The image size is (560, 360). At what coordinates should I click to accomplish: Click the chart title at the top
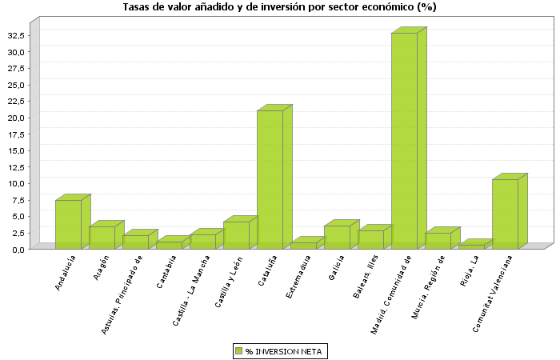point(280,7)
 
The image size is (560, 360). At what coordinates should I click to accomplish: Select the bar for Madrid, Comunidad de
point(404,140)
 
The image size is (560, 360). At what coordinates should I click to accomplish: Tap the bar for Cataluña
point(270,179)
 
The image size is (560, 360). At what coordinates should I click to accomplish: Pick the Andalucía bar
point(68,224)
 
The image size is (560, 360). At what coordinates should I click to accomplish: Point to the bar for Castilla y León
point(236,234)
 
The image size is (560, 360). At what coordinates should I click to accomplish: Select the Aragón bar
point(102,237)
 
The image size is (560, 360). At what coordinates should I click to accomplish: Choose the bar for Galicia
point(337,237)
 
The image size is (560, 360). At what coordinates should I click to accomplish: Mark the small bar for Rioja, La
point(471,246)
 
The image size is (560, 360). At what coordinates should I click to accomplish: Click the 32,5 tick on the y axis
point(17,35)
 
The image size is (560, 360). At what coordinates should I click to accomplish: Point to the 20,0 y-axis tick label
point(17,118)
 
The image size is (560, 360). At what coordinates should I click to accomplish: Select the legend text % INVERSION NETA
point(284,351)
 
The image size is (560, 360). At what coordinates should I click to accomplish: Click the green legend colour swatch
point(238,351)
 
